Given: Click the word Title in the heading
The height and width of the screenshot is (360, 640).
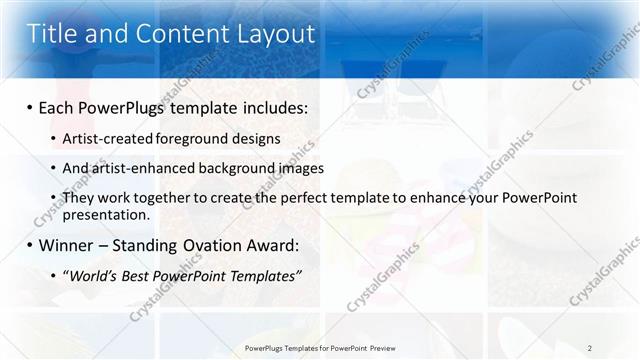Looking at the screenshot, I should pyautogui.click(x=53, y=33).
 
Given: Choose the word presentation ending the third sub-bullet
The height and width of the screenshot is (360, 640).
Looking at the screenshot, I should pyautogui.click(x=105, y=214).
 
